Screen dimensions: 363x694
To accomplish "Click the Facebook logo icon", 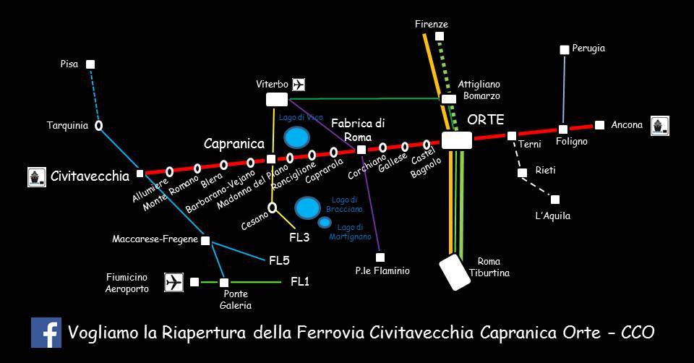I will coord(46,333).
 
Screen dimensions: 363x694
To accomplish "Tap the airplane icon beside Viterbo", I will coord(299,85).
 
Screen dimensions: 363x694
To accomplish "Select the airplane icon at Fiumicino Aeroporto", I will coord(174,282).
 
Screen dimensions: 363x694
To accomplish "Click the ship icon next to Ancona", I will coord(659,126).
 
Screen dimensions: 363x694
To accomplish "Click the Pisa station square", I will coord(90,64).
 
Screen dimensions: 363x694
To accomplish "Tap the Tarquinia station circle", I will coord(98,126).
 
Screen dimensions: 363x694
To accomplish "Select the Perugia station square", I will coord(565,50).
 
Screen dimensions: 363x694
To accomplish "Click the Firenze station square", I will coord(440,36).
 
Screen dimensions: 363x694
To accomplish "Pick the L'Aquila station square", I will coord(555,200).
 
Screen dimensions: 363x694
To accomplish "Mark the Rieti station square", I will coord(522,172).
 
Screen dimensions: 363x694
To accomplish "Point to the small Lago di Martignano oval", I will coord(325,222).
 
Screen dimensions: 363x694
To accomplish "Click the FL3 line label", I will coord(299,237).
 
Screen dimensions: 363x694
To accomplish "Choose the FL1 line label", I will coord(300,282).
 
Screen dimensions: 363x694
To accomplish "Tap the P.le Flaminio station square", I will coord(380,257).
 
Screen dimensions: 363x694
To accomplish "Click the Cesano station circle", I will coord(273,208).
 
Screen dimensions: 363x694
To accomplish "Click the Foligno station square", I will coord(563,129).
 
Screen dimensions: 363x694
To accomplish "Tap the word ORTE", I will coord(486,120).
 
